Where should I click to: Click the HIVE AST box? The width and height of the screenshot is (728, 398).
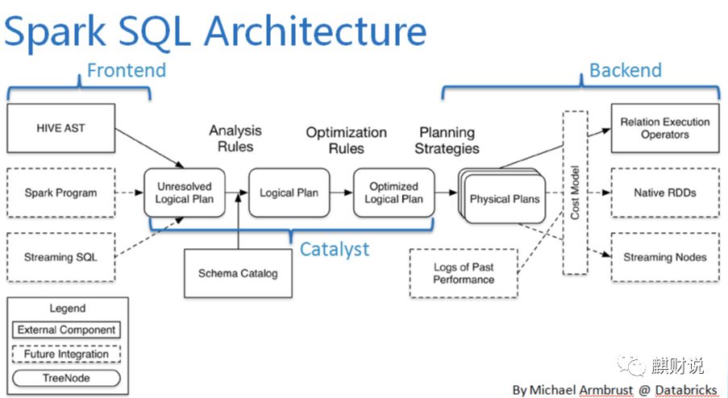[x=61, y=128]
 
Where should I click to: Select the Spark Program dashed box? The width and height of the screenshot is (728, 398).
[x=60, y=193]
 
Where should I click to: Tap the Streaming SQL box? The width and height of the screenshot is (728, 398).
[x=60, y=257]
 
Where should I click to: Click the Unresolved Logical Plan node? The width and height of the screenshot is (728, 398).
[x=184, y=193]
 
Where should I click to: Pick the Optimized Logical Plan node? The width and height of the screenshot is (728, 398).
[x=393, y=193]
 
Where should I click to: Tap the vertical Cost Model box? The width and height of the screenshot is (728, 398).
[x=575, y=193]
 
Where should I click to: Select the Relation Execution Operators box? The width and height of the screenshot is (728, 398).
[x=664, y=128]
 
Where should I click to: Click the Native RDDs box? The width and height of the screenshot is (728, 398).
[x=664, y=193]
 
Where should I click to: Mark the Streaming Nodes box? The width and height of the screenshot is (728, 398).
[x=664, y=257]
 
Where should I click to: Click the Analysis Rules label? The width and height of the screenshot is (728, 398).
[x=235, y=138]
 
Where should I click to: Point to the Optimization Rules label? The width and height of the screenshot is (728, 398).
[x=346, y=139]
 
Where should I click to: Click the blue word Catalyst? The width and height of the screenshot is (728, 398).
[x=334, y=249]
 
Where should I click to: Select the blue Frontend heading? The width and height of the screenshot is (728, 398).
[x=126, y=70]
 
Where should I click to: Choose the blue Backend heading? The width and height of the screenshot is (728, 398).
[x=625, y=70]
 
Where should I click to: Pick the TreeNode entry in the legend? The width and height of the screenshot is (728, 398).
[x=68, y=377]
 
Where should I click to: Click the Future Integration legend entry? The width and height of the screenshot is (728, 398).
[x=68, y=353]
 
